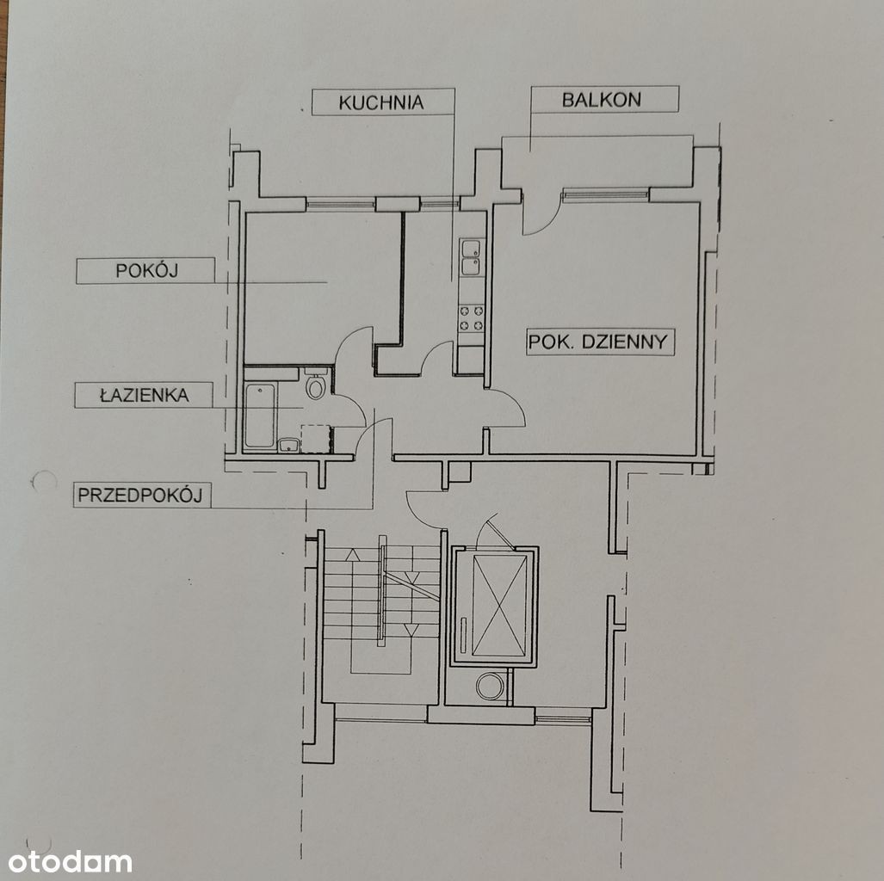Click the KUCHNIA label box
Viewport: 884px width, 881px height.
383,102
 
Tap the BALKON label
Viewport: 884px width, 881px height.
602,100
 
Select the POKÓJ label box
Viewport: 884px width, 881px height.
145,270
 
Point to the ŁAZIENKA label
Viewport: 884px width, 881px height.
144,395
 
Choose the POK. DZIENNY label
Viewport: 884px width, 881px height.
601,342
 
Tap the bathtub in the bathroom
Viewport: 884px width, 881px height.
260,416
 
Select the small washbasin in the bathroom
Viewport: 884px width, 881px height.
288,446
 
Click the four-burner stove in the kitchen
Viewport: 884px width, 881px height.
472,318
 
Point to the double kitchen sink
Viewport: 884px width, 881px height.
471,257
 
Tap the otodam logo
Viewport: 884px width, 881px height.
70,862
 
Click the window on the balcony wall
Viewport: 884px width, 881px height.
605,195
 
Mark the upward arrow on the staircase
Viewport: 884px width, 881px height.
353,555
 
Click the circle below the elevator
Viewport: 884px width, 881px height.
491,686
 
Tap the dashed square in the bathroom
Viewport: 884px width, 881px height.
316,439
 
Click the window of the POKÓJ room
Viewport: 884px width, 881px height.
341,203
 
